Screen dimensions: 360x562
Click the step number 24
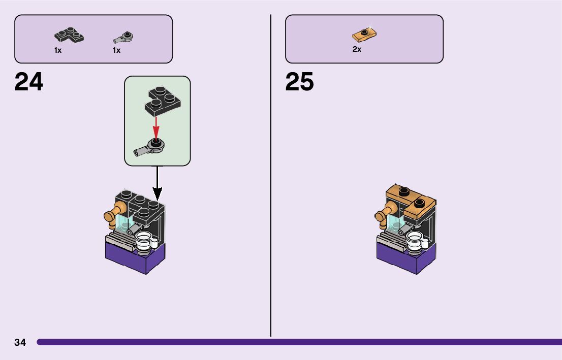29,82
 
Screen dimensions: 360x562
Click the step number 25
299,82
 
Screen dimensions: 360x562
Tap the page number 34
20,342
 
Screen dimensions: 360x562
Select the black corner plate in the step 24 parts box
69,37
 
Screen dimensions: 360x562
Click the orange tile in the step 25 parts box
364,35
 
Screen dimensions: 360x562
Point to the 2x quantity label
357,50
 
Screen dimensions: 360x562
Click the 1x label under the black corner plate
58,50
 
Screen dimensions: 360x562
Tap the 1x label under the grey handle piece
116,50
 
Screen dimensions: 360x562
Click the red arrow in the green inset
156,126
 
